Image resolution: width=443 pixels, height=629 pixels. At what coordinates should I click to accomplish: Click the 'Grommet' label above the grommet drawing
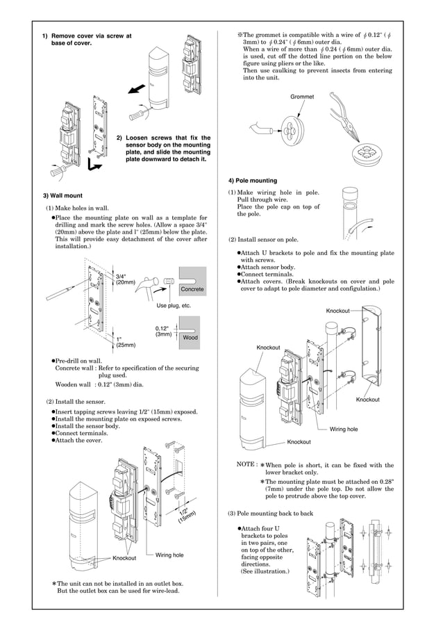tap(302, 97)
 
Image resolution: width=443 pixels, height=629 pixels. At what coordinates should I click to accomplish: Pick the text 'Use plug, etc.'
tap(174, 305)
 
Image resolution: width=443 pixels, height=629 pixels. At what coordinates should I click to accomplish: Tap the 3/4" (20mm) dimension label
tap(125, 279)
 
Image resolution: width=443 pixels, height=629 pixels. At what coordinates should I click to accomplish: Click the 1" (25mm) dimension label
tap(125, 341)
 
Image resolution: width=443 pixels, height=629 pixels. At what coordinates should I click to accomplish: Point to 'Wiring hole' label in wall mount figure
tap(169, 555)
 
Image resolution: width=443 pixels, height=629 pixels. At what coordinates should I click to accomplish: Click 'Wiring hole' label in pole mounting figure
tap(344, 430)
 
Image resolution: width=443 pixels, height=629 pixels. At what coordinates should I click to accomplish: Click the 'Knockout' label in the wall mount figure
tap(124, 558)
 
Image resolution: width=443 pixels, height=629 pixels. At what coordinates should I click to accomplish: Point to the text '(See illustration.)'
tap(265, 571)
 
